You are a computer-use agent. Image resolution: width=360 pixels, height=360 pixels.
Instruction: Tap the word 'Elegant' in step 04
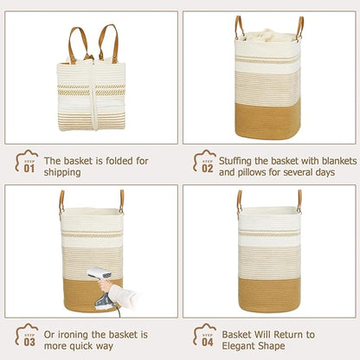(241, 346)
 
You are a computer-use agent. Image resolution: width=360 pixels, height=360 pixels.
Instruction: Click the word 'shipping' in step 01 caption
(62, 172)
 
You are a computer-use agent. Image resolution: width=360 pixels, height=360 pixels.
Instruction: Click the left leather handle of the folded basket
(77, 43)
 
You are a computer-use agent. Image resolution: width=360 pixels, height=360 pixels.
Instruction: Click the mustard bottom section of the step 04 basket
(270, 286)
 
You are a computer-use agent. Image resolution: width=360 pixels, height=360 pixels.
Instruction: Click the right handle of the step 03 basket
(122, 200)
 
